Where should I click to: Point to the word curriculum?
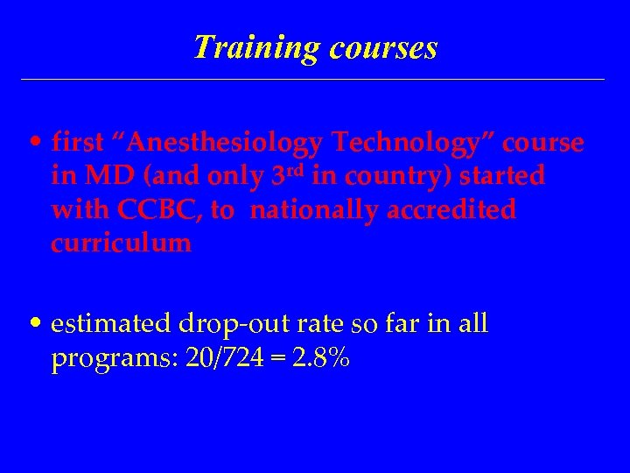(x=121, y=244)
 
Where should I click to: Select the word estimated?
(x=109, y=325)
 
